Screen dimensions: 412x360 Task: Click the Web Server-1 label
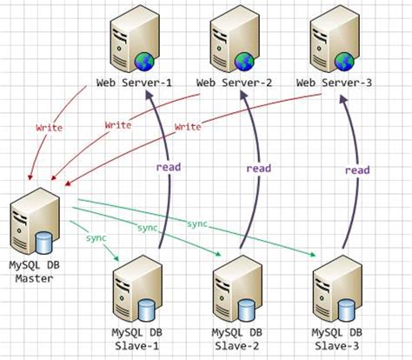click(x=134, y=83)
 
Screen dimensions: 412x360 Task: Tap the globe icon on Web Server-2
click(x=244, y=62)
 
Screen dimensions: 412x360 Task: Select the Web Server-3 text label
click(x=334, y=83)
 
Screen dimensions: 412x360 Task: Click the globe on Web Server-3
click(x=344, y=62)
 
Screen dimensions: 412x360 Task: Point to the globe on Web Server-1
click(x=144, y=62)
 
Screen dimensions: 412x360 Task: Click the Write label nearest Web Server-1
click(x=50, y=128)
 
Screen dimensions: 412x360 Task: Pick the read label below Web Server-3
click(x=357, y=170)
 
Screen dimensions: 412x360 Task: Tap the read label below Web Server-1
click(x=169, y=167)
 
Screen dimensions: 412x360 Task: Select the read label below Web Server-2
click(x=258, y=169)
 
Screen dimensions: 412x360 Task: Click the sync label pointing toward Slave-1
click(x=96, y=238)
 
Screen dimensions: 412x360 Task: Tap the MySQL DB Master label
click(x=35, y=272)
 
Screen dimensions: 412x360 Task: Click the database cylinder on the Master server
click(x=44, y=243)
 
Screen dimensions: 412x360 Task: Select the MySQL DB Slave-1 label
click(x=137, y=339)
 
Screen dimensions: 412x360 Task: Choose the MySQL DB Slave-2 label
click(x=237, y=339)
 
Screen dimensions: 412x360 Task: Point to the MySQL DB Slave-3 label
click(x=337, y=339)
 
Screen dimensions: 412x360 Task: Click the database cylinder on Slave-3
click(x=347, y=310)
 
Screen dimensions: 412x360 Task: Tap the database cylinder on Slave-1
click(x=147, y=310)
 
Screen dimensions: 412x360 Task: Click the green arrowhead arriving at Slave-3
click(x=312, y=255)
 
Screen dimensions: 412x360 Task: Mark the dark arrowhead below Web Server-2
click(x=244, y=95)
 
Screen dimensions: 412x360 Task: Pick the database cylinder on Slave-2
click(x=247, y=310)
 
